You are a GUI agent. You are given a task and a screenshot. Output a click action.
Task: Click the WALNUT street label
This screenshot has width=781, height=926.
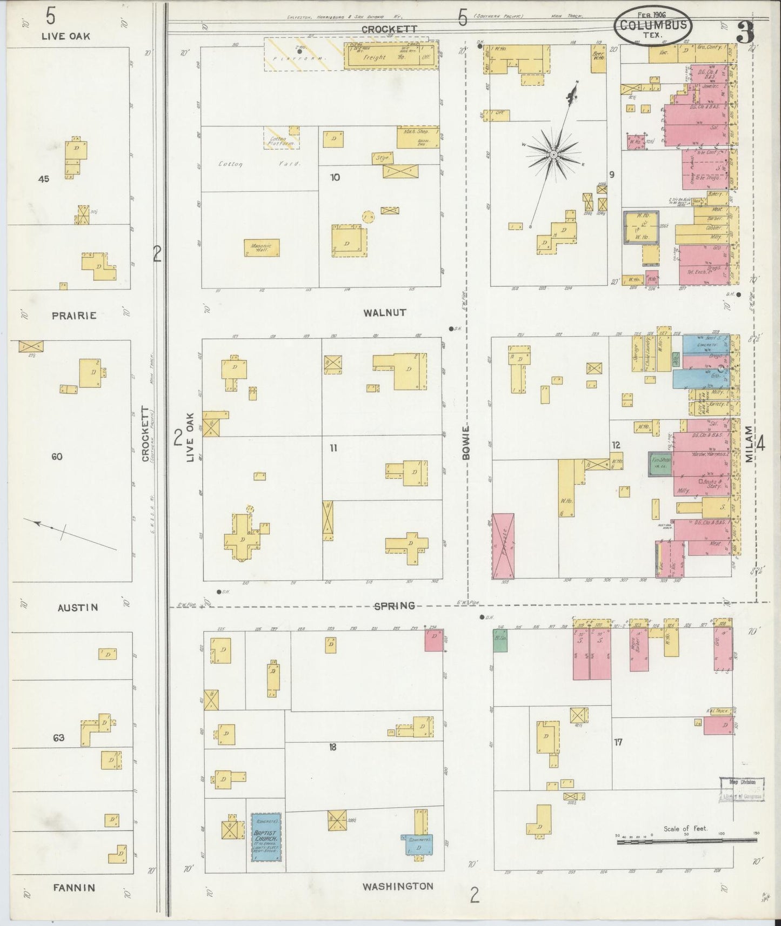pyautogui.click(x=385, y=313)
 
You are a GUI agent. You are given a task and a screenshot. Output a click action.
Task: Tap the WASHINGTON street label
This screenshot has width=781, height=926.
pyautogui.click(x=397, y=886)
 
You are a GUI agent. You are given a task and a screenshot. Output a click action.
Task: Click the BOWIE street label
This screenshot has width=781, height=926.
pyautogui.click(x=466, y=441)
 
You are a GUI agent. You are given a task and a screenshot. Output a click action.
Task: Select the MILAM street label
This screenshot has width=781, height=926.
pyautogui.click(x=748, y=442)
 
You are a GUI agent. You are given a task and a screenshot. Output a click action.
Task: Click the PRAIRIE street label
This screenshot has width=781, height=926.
pyautogui.click(x=75, y=315)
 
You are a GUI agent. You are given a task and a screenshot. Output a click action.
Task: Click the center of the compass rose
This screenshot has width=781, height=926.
pyautogui.click(x=553, y=155)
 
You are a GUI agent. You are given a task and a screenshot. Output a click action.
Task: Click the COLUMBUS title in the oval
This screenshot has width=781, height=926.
pyautogui.click(x=653, y=25)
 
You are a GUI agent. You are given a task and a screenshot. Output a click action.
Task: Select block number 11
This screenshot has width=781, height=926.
pyautogui.click(x=333, y=447)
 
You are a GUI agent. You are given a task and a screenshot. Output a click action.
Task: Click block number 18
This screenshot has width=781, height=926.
pyautogui.click(x=332, y=747)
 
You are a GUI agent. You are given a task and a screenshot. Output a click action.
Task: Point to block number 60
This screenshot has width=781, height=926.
pyautogui.click(x=57, y=457)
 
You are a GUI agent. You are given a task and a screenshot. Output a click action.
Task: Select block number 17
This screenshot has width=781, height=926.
pyautogui.click(x=618, y=742)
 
